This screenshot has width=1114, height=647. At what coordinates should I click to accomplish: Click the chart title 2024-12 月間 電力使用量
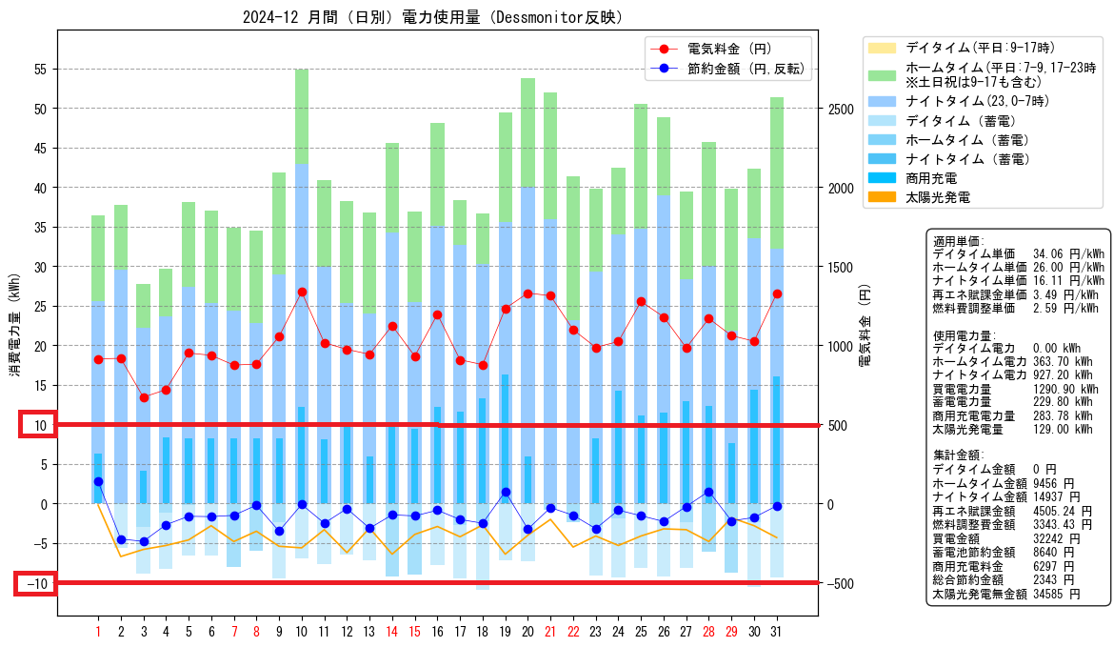(x=432, y=17)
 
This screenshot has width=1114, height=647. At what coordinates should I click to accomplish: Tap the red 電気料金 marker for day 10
(x=302, y=293)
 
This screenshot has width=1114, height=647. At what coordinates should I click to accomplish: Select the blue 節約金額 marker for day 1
(x=98, y=481)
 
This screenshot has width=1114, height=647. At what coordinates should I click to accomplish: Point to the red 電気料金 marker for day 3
(x=144, y=397)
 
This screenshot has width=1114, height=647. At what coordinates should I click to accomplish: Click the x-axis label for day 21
(x=550, y=632)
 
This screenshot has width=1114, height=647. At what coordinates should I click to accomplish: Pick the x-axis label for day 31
(x=777, y=632)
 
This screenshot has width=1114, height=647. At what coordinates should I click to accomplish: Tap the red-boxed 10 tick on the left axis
(x=37, y=425)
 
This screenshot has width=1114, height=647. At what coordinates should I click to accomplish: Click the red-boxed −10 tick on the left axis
(x=37, y=584)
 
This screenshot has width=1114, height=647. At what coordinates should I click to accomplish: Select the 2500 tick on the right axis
(x=841, y=110)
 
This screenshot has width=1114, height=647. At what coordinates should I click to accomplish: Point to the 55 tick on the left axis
(x=40, y=70)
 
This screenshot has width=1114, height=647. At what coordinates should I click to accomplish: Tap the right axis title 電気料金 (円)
(x=865, y=326)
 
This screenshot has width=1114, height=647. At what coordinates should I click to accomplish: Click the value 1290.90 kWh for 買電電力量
(x=1065, y=389)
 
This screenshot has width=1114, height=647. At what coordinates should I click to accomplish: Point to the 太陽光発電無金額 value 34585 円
(x=1057, y=594)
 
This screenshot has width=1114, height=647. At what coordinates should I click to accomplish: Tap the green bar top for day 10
(x=302, y=70)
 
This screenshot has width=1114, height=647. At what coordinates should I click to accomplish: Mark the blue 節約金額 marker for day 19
(x=506, y=492)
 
